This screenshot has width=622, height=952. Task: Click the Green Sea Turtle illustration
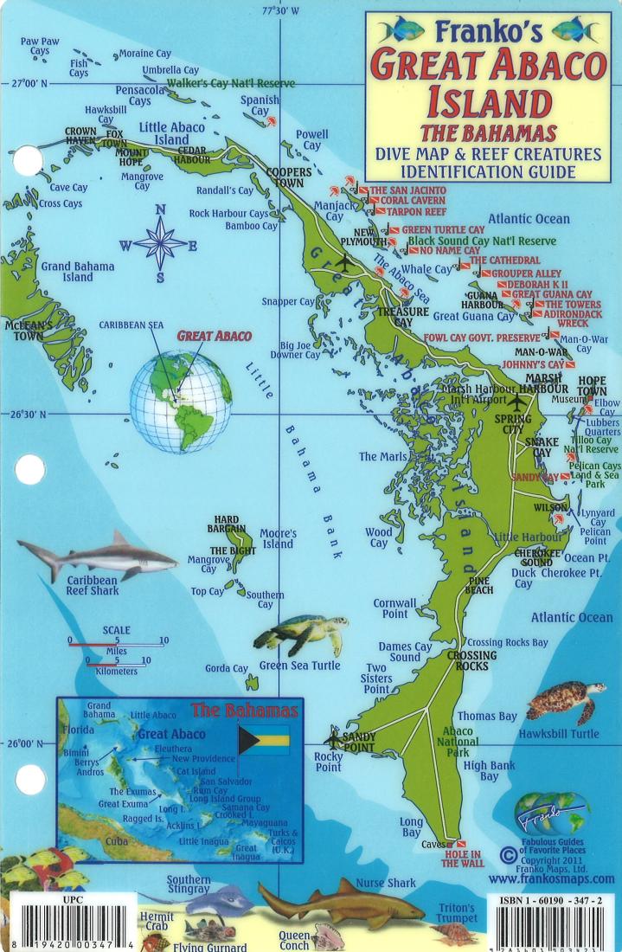299,634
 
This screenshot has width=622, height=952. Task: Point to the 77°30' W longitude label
280,11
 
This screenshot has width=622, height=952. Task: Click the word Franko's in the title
488,32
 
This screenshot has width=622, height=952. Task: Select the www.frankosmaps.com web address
551,879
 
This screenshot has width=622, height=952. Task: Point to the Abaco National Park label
457,742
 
